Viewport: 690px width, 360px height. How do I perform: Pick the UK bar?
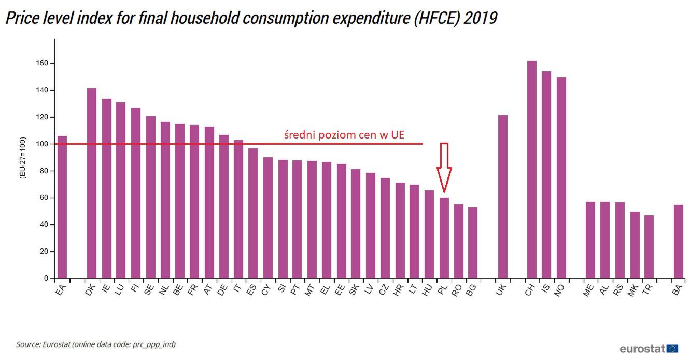pos(502,197)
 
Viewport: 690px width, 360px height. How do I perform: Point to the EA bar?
pos(62,207)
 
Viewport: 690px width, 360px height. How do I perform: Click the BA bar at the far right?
pos(678,241)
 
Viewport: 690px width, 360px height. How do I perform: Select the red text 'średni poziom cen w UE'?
pos(344,135)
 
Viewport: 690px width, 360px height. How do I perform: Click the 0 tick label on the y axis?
pos(46,279)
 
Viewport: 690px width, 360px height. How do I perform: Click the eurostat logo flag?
pos(673,349)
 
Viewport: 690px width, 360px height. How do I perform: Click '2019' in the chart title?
pos(480,18)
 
